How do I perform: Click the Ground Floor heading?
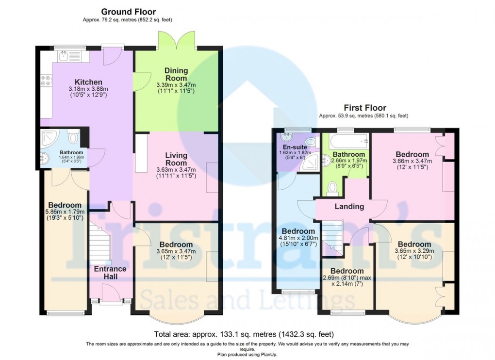coord(129,12)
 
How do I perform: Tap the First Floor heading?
coord(365,108)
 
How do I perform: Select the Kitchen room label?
coord(88,82)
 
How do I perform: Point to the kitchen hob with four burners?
coord(46,80)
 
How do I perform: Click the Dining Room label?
coord(176,74)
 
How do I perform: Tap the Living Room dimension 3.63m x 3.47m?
coord(176,170)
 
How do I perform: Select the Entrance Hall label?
coord(110,273)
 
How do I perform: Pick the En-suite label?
coord(295,147)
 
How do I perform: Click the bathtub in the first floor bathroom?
coord(349,141)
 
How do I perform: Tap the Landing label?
coord(349,206)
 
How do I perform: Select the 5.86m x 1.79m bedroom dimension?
coord(65,212)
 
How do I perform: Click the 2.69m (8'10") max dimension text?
coord(347,278)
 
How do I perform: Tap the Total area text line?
coord(244,334)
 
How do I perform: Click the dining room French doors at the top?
coord(176,40)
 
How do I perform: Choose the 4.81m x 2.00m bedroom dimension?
coord(298,238)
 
